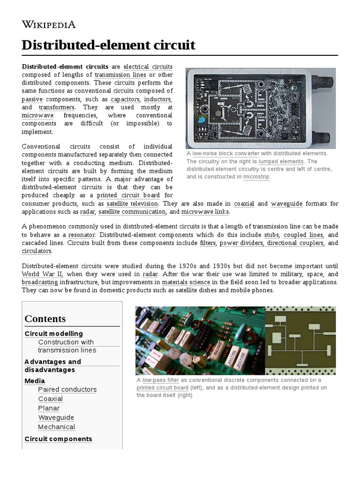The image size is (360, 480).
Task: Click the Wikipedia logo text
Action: click(x=49, y=25)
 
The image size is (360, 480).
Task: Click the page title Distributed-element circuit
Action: click(x=108, y=45)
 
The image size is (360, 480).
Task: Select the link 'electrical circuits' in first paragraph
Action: click(x=148, y=67)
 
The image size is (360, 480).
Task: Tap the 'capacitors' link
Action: click(x=125, y=99)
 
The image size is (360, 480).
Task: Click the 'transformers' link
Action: click(x=57, y=107)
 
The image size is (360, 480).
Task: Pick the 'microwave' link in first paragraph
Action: click(x=37, y=115)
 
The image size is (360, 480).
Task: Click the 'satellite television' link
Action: click(x=133, y=203)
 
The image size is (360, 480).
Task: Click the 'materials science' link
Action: click(x=186, y=282)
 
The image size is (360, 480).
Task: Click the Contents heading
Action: click(x=45, y=319)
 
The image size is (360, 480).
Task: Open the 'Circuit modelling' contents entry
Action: click(x=53, y=333)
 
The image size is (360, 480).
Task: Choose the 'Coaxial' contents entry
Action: click(x=50, y=398)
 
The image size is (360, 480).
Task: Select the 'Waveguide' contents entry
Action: click(x=56, y=417)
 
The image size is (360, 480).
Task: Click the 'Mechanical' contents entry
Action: click(x=56, y=427)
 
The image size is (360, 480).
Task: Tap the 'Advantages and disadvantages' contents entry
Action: click(x=52, y=366)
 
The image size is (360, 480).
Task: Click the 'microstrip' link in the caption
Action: click(x=256, y=177)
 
